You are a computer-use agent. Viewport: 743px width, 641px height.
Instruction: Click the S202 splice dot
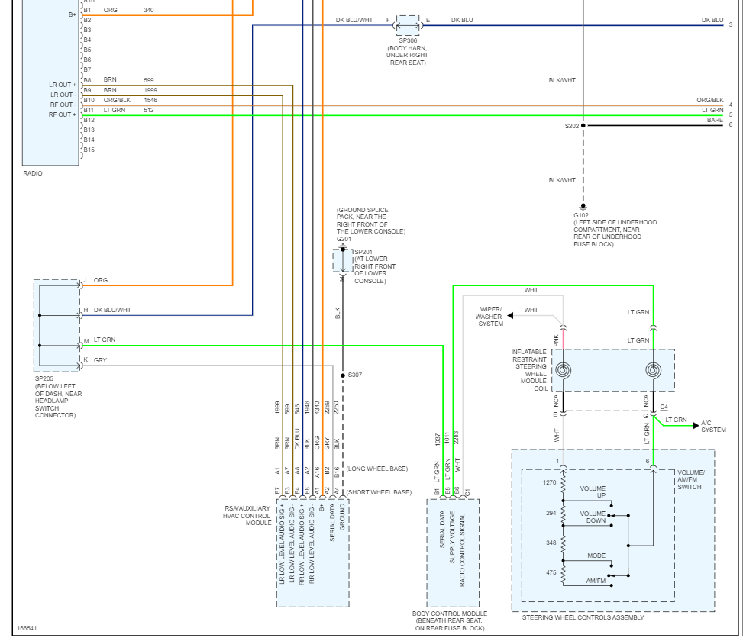point(583,125)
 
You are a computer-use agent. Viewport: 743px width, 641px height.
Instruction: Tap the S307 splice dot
point(343,375)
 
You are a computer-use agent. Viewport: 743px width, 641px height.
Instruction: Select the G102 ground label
point(581,215)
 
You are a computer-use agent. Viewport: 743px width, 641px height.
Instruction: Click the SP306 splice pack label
point(408,40)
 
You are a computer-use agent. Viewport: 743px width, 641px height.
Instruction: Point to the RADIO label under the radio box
point(33,173)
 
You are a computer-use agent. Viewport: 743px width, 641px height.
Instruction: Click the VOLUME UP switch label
point(593,492)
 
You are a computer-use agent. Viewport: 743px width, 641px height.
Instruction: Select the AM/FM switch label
point(596,581)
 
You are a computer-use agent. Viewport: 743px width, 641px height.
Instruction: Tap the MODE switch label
point(596,556)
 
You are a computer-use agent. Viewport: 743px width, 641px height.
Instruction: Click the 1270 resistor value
point(550,482)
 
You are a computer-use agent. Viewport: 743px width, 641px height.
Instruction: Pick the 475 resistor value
point(551,572)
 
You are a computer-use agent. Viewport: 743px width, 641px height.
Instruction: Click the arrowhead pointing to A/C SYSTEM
point(696,426)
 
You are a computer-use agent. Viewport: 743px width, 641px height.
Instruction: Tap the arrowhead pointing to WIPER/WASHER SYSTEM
point(510,316)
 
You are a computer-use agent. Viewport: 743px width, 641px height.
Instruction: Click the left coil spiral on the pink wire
point(563,370)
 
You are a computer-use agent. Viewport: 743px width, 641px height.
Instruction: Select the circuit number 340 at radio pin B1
point(149,10)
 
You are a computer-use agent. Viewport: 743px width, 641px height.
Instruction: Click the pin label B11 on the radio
point(89,110)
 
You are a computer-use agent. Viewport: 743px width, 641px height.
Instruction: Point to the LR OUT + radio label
point(63,85)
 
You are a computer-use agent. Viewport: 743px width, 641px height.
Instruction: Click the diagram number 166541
point(27,628)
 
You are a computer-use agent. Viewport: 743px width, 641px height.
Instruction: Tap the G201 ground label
point(344,239)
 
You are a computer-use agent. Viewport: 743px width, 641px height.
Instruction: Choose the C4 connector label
point(664,407)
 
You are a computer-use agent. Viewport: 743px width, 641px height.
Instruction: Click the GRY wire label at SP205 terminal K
point(101,360)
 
